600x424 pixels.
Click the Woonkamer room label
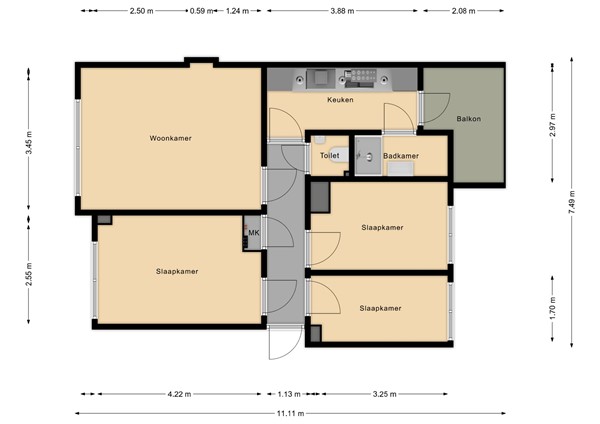[170, 138]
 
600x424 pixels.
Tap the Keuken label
[340, 100]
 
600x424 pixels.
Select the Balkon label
[468, 119]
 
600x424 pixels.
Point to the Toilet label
[329, 156]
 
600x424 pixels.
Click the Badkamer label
[401, 156]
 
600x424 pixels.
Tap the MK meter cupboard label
[254, 233]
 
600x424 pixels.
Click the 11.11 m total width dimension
[290, 413]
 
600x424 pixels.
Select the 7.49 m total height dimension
[571, 202]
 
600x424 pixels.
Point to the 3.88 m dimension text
[342, 11]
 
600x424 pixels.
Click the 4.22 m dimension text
[179, 394]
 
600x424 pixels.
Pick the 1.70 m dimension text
[552, 308]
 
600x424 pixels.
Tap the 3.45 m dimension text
[29, 142]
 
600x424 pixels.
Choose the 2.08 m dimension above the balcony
[463, 11]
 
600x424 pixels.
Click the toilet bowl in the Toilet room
[339, 155]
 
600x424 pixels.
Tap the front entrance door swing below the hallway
[285, 343]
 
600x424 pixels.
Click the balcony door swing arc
[436, 108]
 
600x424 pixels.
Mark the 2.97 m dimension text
[552, 125]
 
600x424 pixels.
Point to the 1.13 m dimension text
[289, 394]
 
